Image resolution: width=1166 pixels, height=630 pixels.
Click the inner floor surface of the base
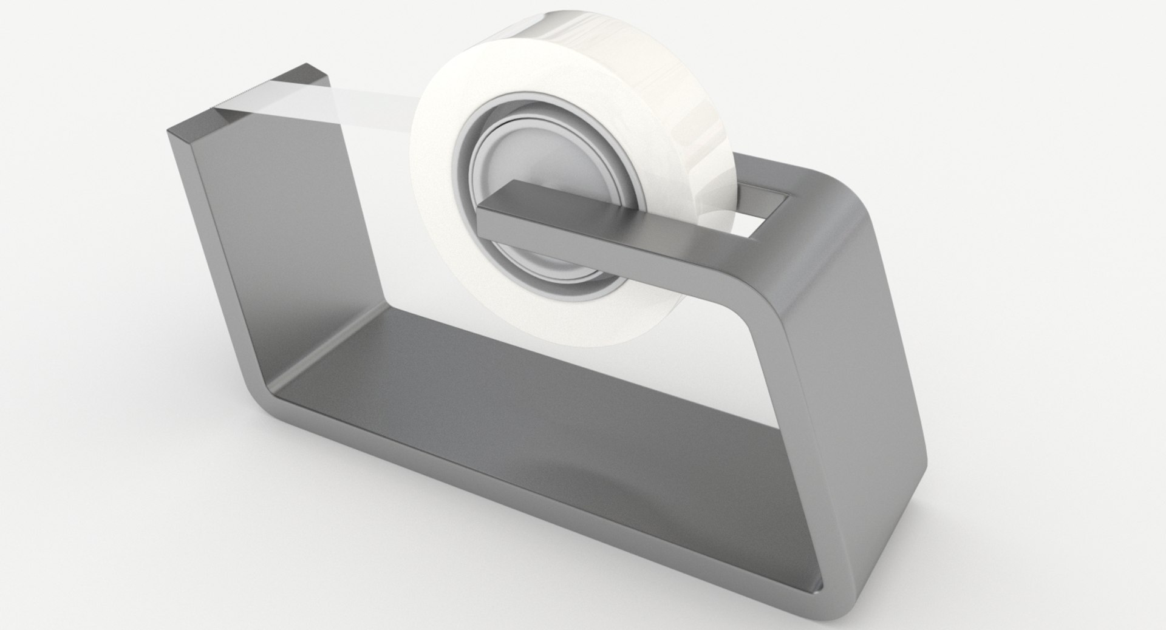pyautogui.click(x=547, y=413)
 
